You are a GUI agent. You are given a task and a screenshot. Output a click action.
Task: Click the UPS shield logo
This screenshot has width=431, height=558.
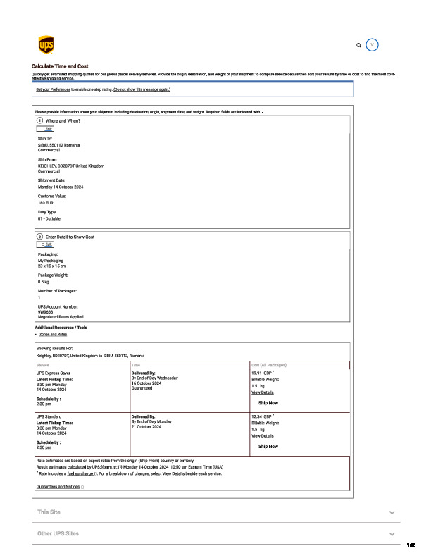44,46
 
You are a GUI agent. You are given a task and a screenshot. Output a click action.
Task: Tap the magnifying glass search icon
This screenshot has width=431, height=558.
359,45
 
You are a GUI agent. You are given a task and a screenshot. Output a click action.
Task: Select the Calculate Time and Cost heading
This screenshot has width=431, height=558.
60,66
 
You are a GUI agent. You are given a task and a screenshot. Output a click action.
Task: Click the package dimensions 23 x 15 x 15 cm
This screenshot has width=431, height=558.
51,266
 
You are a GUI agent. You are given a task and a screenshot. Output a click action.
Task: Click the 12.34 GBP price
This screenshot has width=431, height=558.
262,416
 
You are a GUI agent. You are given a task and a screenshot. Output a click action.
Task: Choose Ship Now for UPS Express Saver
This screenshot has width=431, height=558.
268,402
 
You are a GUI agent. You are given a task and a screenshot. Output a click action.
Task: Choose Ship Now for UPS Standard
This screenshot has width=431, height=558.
268,446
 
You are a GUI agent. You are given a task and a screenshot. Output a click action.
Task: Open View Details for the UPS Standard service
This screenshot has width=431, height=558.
263,436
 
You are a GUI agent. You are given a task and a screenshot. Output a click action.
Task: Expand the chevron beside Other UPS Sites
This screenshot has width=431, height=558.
392,534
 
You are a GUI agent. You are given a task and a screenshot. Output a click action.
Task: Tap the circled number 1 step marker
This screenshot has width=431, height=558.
39,121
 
